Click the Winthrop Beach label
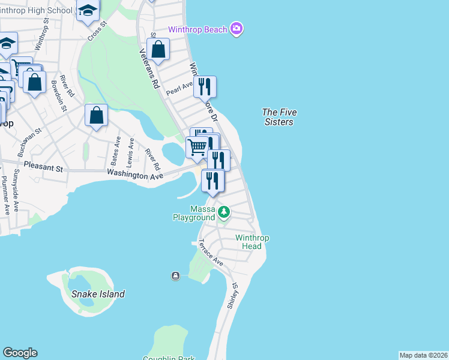(197, 29)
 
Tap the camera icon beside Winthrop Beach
(237, 29)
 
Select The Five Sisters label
(279, 117)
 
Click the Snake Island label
(98, 294)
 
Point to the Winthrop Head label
(252, 242)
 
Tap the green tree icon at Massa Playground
(223, 212)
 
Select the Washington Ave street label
(135, 175)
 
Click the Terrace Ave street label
(211, 253)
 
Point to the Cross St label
(96, 31)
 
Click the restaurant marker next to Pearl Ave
(205, 87)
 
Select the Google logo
(20, 353)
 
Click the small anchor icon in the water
(175, 275)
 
